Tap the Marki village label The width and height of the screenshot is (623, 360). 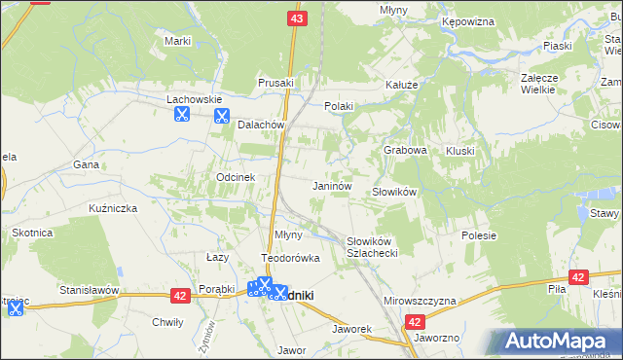[x=177, y=41]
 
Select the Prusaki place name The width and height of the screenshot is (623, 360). [x=276, y=84]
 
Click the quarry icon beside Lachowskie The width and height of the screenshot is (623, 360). [x=180, y=115]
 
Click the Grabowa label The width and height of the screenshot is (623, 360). [x=406, y=151]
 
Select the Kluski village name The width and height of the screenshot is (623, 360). [x=459, y=151]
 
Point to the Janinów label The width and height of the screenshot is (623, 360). [x=331, y=185]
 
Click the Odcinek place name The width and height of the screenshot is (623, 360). [x=236, y=177]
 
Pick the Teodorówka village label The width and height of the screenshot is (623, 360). [x=289, y=258]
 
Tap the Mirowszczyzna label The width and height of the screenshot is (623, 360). [x=421, y=302]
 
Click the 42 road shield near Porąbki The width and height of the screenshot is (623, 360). [x=181, y=295]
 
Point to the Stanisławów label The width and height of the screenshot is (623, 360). [x=89, y=290]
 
